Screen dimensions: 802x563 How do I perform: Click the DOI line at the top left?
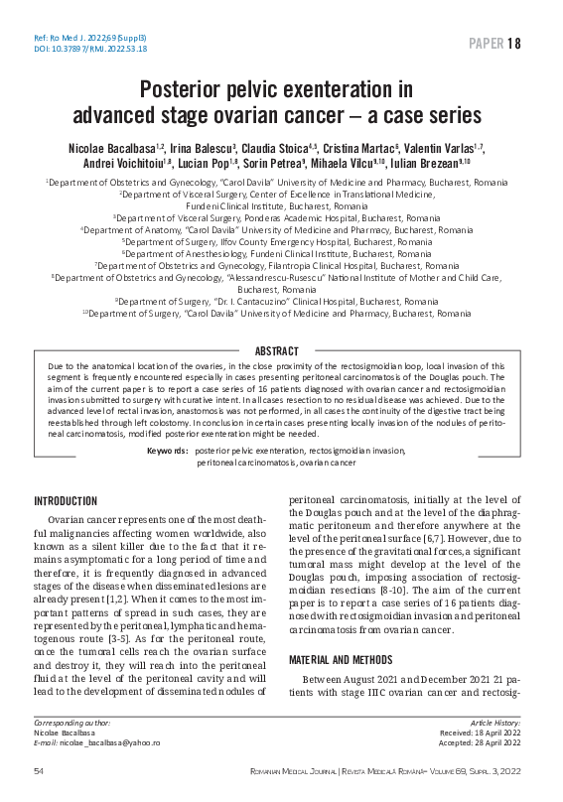tap(76, 48)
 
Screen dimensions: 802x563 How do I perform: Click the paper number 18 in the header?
tap(513, 44)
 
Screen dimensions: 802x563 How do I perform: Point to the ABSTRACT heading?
tap(281, 351)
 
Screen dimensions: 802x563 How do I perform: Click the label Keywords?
tap(167, 451)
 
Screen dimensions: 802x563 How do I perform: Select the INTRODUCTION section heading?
tap(66, 501)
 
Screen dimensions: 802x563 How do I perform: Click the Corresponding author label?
tap(72, 750)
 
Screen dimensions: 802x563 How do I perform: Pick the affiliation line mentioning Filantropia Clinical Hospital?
tap(281, 266)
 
